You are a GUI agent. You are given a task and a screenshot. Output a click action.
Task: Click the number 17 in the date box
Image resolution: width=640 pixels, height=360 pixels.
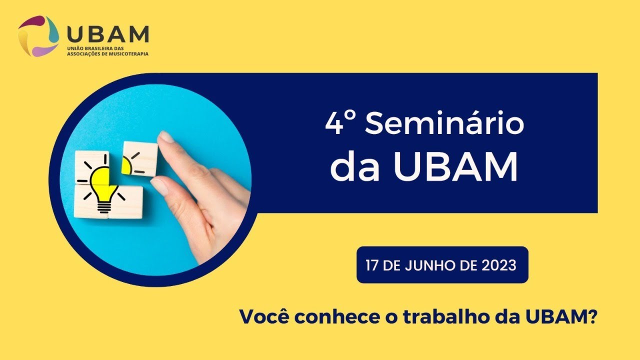(x=372, y=265)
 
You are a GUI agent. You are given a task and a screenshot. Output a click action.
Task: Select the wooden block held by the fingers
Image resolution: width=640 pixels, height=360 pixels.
(x=139, y=159)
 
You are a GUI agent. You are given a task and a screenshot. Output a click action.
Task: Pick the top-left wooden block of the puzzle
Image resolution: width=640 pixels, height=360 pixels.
(x=92, y=167)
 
